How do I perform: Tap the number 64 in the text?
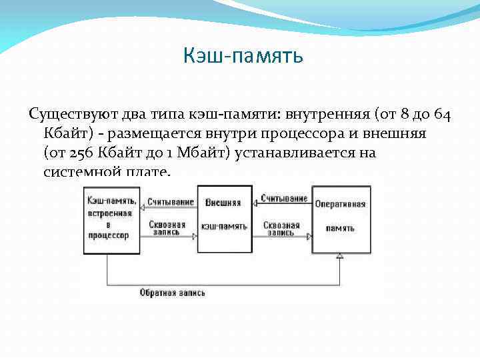tap(442, 115)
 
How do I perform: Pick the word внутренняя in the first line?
tap(327, 115)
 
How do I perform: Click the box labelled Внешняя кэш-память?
tap(225, 219)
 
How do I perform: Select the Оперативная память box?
tap(339, 219)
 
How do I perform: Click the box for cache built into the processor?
tap(111, 219)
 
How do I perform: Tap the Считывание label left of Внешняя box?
tap(171, 201)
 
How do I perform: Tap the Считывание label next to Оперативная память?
tap(284, 198)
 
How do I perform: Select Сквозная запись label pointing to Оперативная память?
tap(282, 229)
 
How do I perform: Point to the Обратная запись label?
tap(172, 292)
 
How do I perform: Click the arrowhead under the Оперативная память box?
tap(339, 257)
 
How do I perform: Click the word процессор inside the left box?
tap(111, 236)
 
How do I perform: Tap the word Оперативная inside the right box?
tap(340, 204)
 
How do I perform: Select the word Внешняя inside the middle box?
tap(223, 202)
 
